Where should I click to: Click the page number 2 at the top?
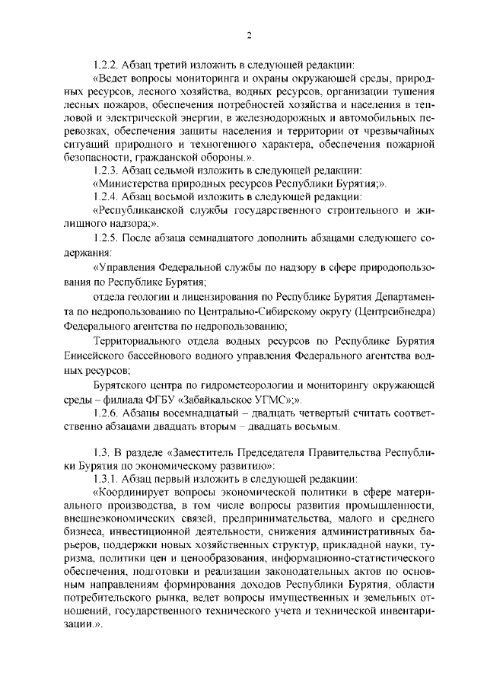[249, 34]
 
